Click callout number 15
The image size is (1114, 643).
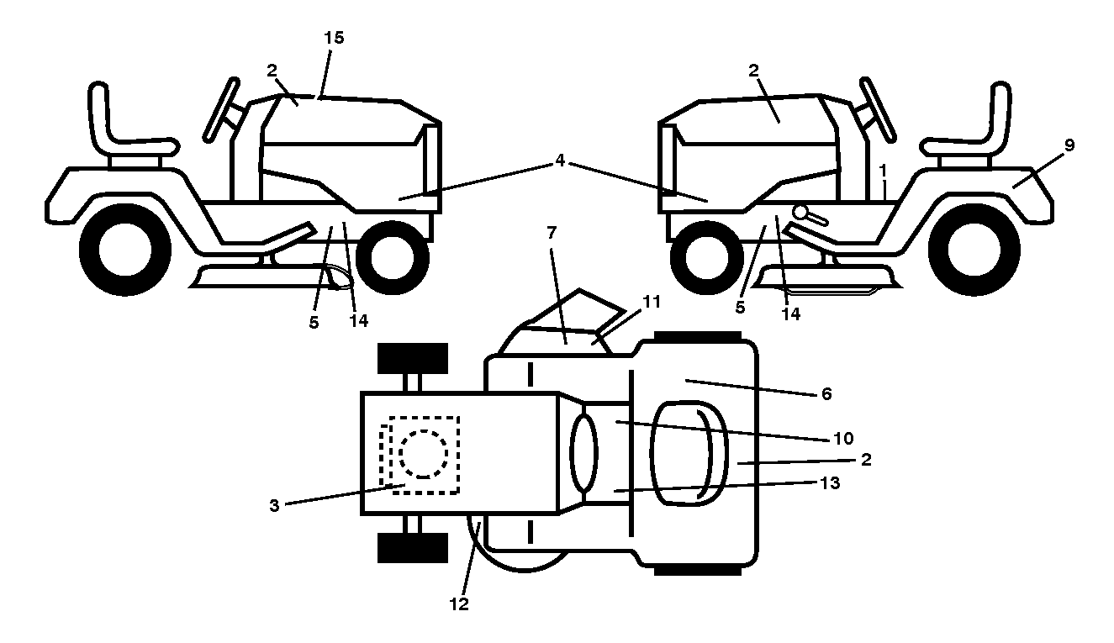334,38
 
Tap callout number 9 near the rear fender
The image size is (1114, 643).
1069,145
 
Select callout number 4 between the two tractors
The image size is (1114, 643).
560,161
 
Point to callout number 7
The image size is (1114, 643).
552,232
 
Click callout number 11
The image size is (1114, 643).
652,302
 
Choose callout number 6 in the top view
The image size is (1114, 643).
826,394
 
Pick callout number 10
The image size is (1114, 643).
843,439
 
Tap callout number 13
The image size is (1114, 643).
830,482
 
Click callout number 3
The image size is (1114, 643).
274,506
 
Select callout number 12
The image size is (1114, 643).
459,604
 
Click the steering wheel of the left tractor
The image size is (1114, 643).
221,109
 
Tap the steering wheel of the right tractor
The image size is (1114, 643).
878,109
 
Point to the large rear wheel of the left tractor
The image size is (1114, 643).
125,250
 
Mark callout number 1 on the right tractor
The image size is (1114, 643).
884,171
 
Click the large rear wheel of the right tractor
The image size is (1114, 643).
974,250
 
